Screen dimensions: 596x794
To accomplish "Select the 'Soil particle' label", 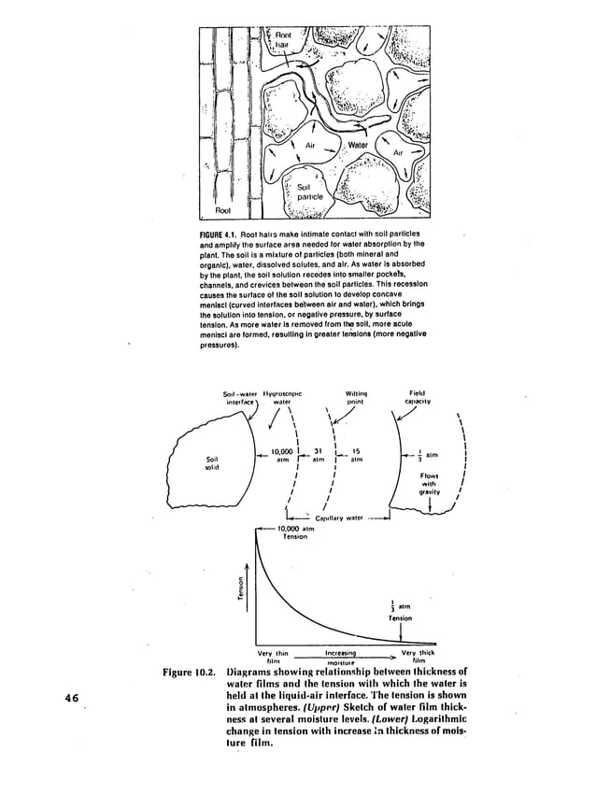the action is [309, 191].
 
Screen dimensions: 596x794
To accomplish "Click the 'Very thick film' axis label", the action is [411, 657].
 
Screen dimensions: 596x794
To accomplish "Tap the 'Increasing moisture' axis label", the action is [342, 657].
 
